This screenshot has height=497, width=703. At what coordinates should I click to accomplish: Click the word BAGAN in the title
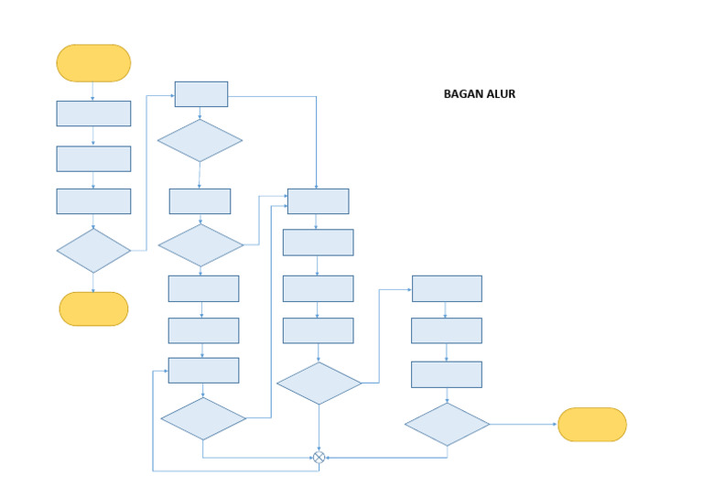pos(461,94)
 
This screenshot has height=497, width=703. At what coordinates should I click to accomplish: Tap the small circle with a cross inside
pos(319,457)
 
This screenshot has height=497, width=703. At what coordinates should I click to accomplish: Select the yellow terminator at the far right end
pos(591,425)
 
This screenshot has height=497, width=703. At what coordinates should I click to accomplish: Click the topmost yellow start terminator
pos(93,63)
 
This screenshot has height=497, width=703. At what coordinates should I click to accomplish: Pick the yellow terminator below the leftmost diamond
pos(93,308)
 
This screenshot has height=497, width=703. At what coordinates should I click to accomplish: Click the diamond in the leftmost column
pos(93,250)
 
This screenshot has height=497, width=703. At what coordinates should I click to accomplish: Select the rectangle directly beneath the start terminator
pos(93,113)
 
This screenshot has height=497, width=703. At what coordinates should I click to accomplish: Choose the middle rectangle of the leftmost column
pos(93,158)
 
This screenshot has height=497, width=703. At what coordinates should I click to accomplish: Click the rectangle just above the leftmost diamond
pos(93,201)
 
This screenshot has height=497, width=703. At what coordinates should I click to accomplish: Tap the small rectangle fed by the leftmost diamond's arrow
pos(201,93)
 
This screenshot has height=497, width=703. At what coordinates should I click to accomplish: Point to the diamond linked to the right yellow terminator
pos(447,425)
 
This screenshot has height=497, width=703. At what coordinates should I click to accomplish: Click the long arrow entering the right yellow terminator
pos(524,425)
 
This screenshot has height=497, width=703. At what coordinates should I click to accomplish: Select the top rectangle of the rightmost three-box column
pos(447,288)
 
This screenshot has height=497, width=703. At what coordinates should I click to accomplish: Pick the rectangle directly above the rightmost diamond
pos(447,374)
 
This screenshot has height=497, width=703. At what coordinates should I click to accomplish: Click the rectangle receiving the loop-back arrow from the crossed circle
pos(203,370)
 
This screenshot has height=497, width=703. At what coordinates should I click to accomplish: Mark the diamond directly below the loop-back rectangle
pos(203,418)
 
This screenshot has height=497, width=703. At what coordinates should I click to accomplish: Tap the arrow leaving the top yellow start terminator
pos(93,91)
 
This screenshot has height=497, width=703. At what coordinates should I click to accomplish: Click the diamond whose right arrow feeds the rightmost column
pos(319,384)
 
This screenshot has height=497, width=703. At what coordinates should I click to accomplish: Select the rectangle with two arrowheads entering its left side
pos(318,201)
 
